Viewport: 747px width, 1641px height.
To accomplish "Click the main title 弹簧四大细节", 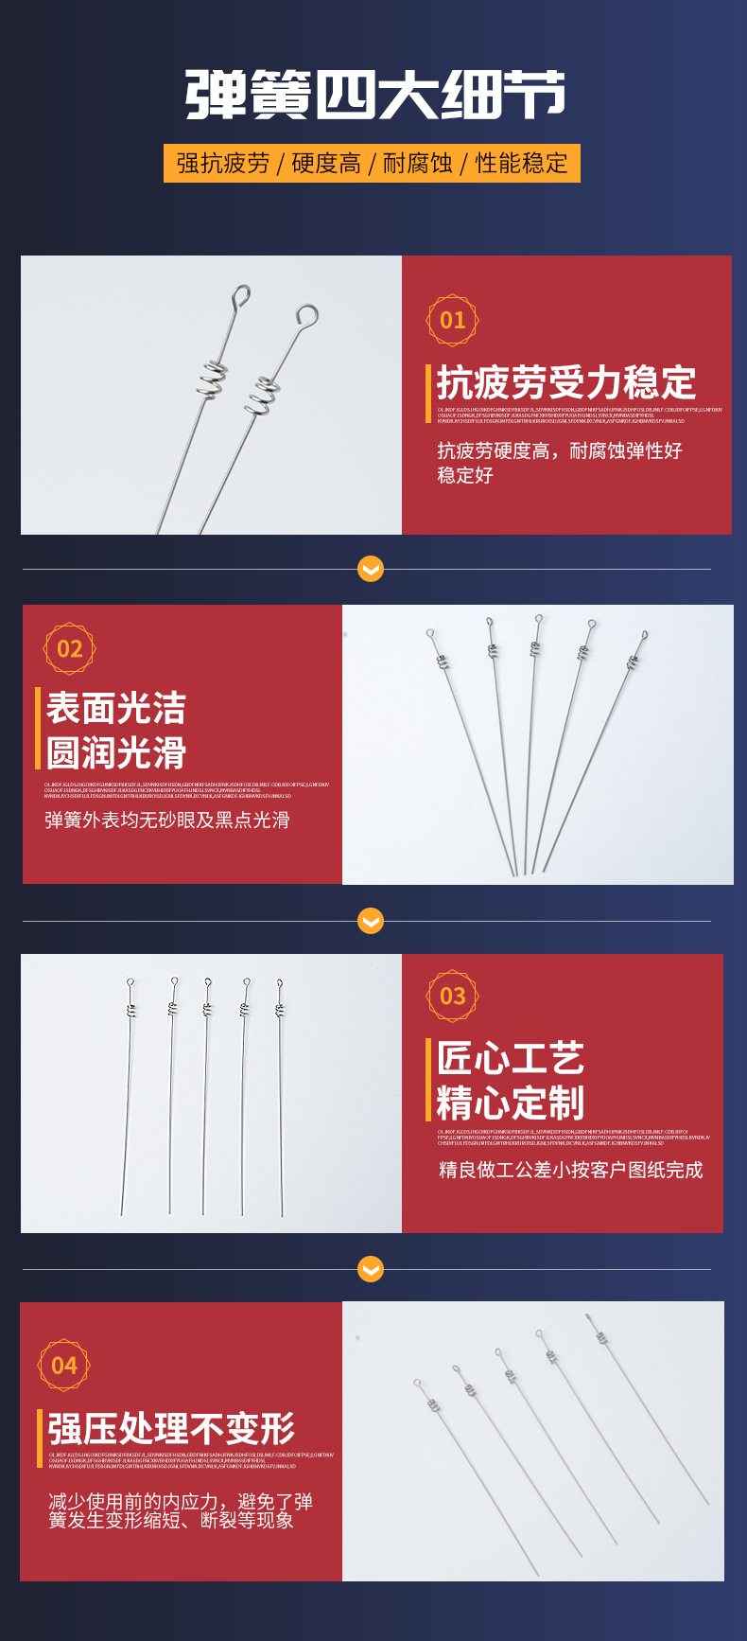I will coord(374,95).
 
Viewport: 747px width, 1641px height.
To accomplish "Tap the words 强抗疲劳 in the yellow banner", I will coord(222,164).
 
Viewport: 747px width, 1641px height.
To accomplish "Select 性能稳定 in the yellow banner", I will coord(521,164).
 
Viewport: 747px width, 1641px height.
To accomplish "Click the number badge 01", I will coord(453,320).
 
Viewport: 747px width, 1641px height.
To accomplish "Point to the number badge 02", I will coord(70,648).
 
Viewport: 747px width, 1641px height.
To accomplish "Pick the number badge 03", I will coord(453,996).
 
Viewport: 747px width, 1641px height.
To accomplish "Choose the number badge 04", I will coord(64,1365).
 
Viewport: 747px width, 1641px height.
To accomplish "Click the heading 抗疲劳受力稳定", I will coord(565,383).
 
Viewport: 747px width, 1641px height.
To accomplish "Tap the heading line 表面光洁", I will coord(116,708).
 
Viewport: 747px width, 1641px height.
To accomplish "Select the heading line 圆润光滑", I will coord(116,753).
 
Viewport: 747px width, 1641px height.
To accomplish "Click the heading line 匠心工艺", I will coord(511,1058).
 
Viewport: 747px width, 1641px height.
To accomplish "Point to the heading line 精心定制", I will coord(511,1103).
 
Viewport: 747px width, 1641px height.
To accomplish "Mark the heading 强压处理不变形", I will coord(171,1428).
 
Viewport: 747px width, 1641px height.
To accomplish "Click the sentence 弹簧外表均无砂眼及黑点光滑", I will coord(166,820).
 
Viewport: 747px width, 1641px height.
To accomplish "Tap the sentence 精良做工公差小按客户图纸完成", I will coord(570,1171).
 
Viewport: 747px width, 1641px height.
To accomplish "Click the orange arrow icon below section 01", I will coord(371,569).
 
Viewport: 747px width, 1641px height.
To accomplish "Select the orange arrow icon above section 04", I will coord(371,1269).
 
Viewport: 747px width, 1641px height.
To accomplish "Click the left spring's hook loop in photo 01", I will coord(242,295).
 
